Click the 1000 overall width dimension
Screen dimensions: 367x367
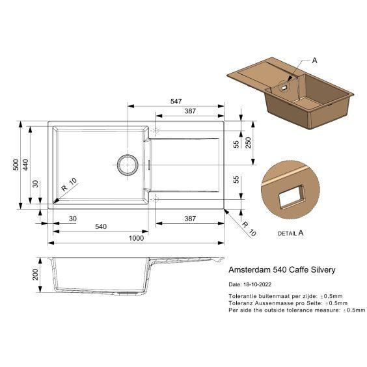136,238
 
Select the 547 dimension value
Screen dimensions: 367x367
176,101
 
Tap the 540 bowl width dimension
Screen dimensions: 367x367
101,226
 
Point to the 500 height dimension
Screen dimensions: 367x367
16,165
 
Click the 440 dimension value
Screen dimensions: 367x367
25,165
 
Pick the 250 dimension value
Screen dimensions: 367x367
248,143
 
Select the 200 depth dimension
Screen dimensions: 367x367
35,275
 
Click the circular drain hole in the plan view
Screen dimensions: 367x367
128,165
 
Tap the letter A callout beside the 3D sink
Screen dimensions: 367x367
314,61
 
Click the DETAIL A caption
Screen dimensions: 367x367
290,233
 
